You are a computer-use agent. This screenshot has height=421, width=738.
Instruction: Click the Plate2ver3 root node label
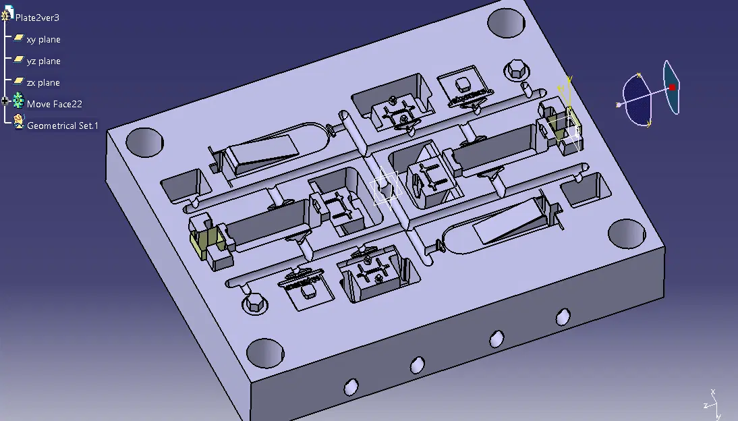tap(37, 18)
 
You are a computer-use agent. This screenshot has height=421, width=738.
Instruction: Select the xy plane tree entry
tap(43, 40)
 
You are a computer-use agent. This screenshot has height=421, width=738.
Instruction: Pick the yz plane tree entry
tap(43, 61)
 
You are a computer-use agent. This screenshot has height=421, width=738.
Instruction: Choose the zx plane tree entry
tap(42, 83)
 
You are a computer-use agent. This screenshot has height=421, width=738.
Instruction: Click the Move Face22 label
tap(54, 104)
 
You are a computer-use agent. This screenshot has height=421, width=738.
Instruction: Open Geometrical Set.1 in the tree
tap(63, 125)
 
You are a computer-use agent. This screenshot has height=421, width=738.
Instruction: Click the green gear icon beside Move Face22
tap(18, 100)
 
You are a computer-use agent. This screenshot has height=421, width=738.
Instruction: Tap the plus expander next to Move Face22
tap(5, 101)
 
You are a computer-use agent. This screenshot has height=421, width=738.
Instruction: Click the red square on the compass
tap(672, 87)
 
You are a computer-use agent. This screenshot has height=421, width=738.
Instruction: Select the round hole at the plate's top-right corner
tap(506, 23)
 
